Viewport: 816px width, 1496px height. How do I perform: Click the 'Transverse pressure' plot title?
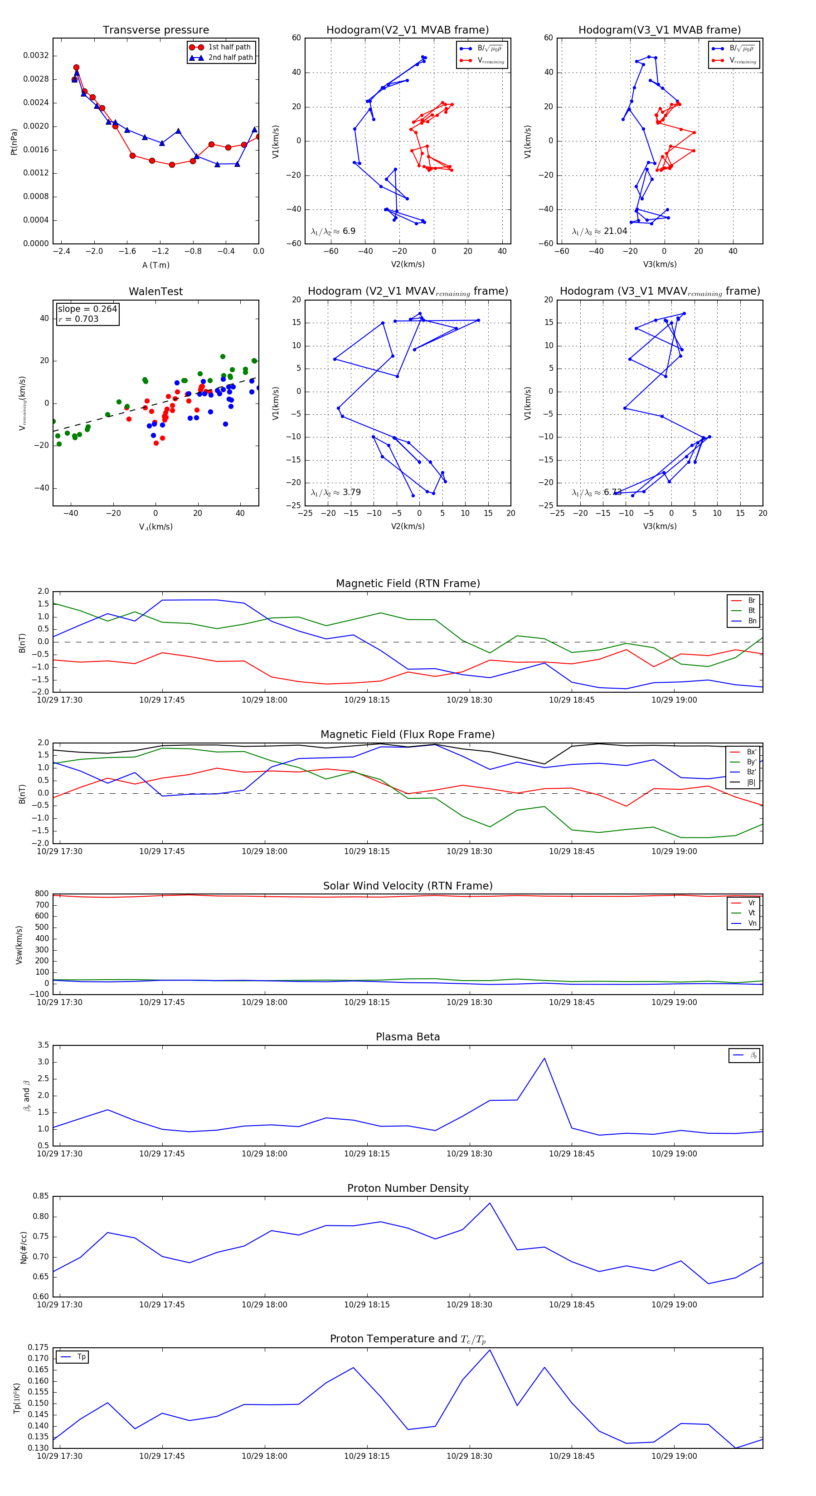tap(155, 30)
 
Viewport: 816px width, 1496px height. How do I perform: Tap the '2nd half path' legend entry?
tap(230, 58)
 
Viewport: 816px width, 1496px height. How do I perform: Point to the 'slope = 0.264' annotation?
tap(87, 309)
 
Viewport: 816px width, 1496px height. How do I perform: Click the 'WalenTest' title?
tap(155, 291)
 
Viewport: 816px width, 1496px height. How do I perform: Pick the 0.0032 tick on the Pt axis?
tap(36, 56)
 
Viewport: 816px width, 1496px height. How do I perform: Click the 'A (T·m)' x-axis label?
tap(155, 265)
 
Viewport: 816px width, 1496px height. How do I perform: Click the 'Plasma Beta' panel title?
tap(408, 1037)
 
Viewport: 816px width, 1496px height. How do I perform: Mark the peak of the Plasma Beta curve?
tap(544, 1058)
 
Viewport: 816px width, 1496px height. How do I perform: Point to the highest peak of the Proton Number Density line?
tap(490, 1203)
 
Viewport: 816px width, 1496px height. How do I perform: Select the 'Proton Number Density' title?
tap(408, 1188)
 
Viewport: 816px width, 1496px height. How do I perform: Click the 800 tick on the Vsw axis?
tap(42, 894)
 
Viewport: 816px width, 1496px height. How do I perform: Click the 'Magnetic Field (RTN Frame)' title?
tap(408, 583)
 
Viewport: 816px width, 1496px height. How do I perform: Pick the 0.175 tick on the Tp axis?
tap(39, 1347)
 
